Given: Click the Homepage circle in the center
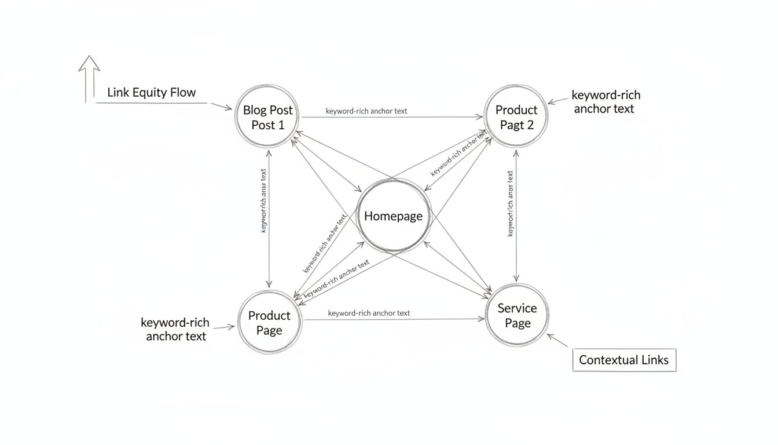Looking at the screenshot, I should click(393, 216).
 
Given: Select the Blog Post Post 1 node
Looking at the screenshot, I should click(267, 117).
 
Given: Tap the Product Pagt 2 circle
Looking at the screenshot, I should click(516, 117).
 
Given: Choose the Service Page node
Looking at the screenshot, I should click(517, 315).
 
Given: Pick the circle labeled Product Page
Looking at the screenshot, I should click(269, 322).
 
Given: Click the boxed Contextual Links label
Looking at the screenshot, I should click(623, 360).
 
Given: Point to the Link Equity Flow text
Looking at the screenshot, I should click(152, 92).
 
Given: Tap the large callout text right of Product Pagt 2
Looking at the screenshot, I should click(605, 102).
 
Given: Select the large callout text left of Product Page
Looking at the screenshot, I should click(175, 329).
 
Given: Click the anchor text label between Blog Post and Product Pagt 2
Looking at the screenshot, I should click(366, 111).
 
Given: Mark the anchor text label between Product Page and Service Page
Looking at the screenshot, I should click(369, 313).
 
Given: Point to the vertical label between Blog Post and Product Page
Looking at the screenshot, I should click(264, 200).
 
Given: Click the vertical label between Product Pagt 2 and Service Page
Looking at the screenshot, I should click(511, 203).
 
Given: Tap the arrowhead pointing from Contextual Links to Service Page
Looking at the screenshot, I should click(551, 337).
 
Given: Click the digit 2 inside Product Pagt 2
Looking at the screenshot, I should click(530, 125).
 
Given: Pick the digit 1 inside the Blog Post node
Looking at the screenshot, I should click(281, 125).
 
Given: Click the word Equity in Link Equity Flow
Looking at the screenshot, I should click(151, 92).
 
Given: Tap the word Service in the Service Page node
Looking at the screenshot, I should click(517, 308).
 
